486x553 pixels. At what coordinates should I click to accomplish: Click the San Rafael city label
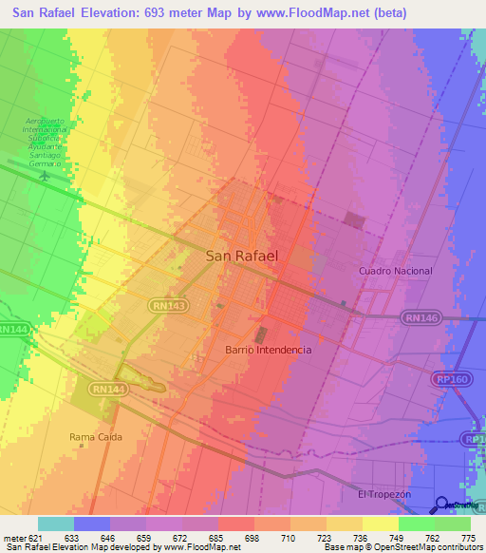click(242, 256)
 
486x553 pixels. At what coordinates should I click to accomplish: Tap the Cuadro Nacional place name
click(396, 271)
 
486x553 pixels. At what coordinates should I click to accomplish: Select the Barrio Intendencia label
click(269, 350)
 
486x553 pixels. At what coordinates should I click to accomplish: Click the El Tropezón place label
click(383, 495)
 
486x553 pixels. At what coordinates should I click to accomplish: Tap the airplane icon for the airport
click(44, 179)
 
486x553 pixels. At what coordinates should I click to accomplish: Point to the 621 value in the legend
click(37, 537)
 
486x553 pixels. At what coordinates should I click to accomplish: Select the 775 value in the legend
click(467, 537)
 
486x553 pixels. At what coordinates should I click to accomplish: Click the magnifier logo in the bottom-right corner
click(442, 505)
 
